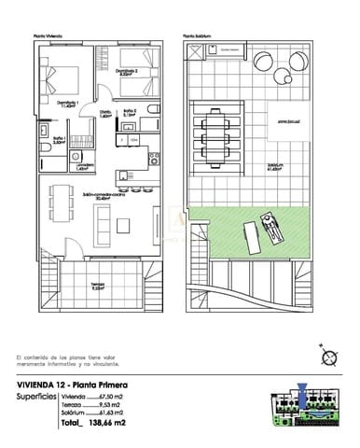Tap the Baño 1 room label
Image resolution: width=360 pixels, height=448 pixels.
click(x=58, y=140)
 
